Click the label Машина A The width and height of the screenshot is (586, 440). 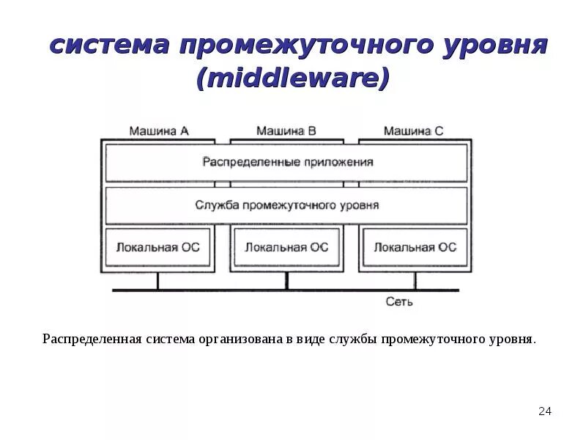[x=159, y=131]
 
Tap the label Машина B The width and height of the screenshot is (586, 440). [x=286, y=131]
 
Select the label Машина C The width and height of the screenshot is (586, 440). [x=413, y=131]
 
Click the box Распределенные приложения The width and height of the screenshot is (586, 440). [x=286, y=162]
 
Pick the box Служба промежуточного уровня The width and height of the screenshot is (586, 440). [x=286, y=205]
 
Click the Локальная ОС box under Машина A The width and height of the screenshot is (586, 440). [x=157, y=247]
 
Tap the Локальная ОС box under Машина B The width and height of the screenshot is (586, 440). [x=286, y=247]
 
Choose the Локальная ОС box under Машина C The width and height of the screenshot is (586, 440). [x=415, y=247]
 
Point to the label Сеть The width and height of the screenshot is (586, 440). [x=399, y=301]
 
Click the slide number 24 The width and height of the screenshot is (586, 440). [x=544, y=411]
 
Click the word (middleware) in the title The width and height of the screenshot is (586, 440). [x=292, y=78]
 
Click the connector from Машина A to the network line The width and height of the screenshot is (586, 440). [x=157, y=282]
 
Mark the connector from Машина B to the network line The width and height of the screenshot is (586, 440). [x=287, y=282]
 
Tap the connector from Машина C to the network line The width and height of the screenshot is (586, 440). [x=415, y=282]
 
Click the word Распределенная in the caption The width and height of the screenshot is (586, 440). [x=92, y=340]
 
